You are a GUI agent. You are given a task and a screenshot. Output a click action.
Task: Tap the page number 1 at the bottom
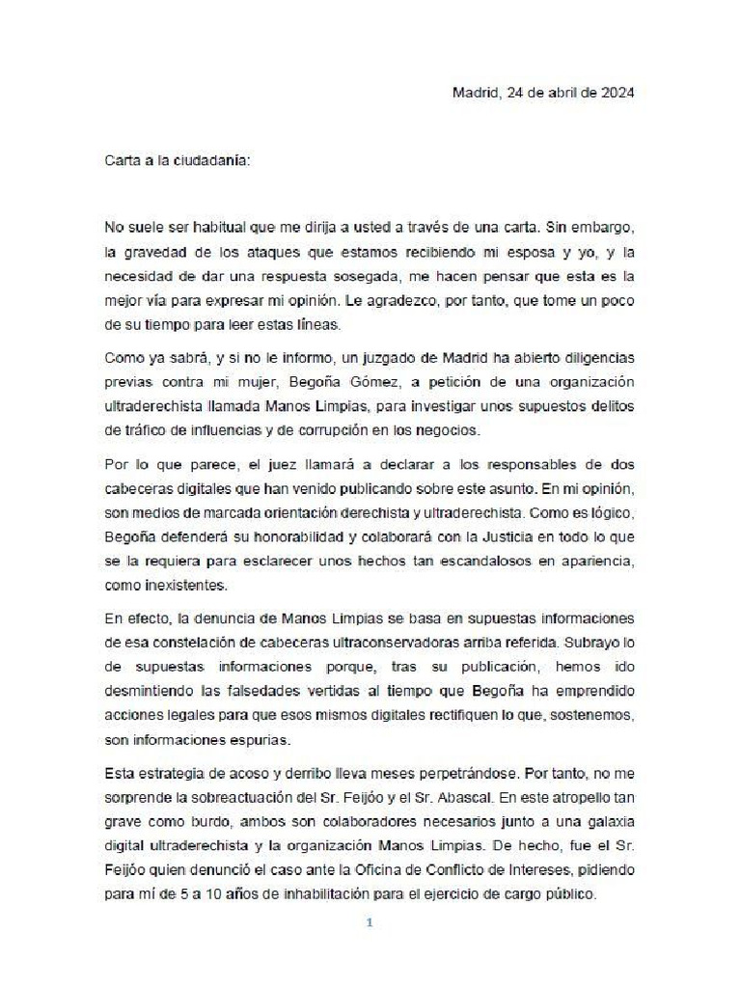coord(370,922)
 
